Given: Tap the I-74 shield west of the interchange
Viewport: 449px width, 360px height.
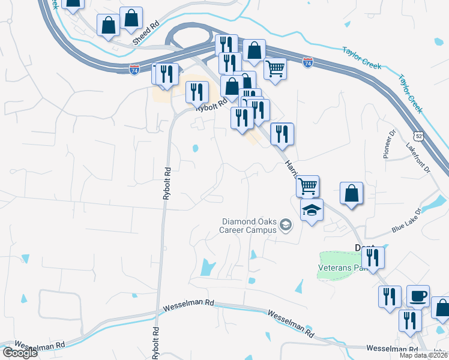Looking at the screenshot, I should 134,70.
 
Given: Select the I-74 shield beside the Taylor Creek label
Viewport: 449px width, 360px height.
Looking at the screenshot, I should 307,62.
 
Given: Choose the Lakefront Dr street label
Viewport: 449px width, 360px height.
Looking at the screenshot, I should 419,158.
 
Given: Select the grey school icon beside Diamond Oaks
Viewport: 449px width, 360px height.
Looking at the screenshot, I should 286,226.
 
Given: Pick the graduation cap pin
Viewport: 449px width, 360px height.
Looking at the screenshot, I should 312,211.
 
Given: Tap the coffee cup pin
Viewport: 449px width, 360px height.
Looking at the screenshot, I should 418,296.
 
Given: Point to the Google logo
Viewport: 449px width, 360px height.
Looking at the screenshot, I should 20,353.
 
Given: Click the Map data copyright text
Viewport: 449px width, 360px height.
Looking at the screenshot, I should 424,355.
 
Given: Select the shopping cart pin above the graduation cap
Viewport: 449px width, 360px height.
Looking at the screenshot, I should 307,186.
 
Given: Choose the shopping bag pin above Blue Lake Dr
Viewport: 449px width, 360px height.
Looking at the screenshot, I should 352,194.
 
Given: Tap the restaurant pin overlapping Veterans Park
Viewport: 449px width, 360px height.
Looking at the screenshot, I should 373,257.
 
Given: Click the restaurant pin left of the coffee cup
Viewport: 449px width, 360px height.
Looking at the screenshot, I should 390,296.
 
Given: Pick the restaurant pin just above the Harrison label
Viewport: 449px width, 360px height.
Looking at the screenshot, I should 282,134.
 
